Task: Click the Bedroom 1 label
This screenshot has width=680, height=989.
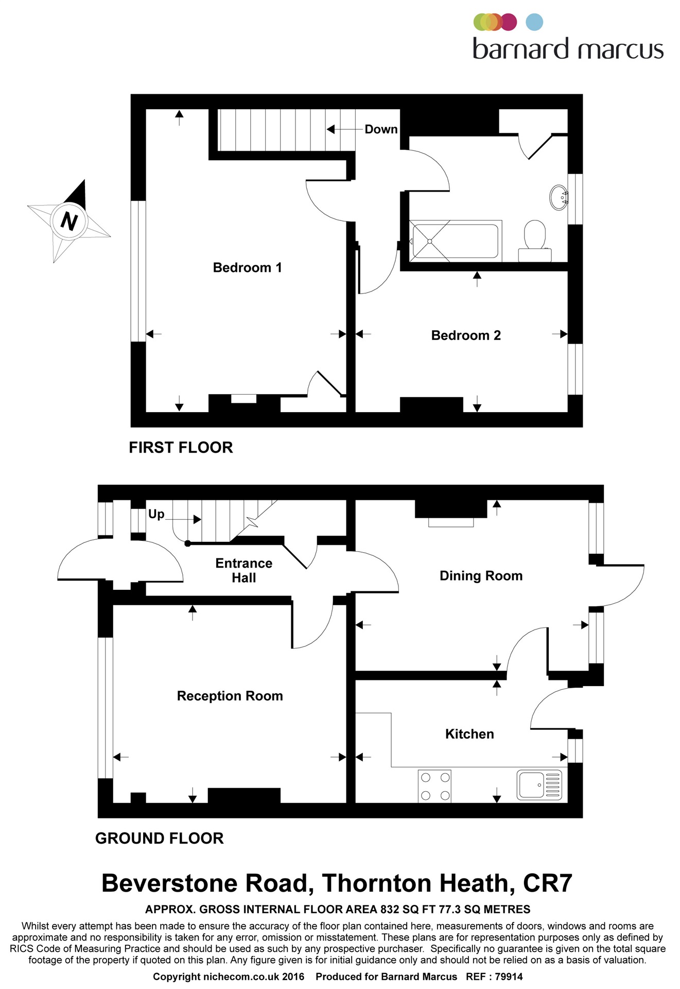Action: pos(247,267)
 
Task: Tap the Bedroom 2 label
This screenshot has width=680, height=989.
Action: pos(466,335)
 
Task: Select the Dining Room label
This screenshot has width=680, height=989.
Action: pos(481,575)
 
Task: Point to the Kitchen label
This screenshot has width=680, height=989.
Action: pos(469,734)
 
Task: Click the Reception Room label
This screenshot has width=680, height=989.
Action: pos(230,696)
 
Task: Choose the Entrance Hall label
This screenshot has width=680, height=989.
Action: pos(243,570)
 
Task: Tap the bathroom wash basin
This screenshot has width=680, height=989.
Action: pos(559,197)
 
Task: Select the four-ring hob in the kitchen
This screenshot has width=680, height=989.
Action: pos(435,786)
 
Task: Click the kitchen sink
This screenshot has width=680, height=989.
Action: pos(539,786)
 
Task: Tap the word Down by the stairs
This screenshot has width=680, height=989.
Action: pos(381,129)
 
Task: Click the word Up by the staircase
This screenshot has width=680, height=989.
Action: pos(156,514)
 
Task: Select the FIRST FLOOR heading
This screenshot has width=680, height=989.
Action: pos(181,447)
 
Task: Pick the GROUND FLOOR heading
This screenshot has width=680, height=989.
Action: pos(160,838)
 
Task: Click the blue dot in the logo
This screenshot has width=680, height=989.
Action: pos(535,22)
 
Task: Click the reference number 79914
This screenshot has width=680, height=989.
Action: pos(508,977)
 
